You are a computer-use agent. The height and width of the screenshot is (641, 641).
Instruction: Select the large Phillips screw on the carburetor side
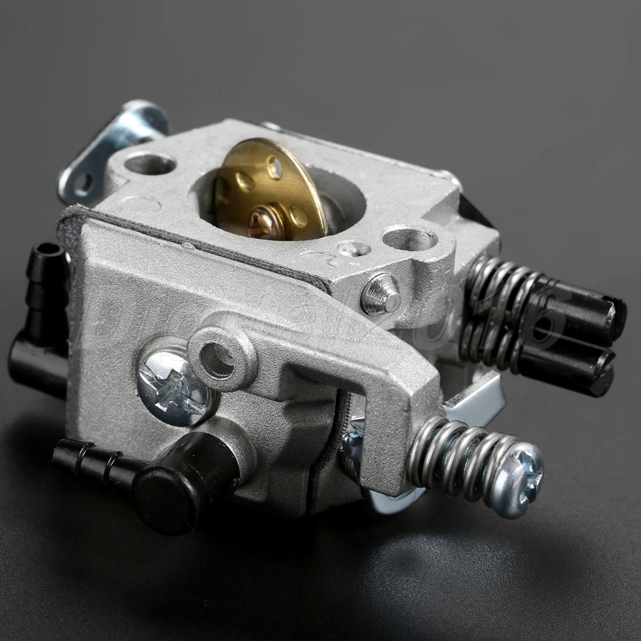(172, 387)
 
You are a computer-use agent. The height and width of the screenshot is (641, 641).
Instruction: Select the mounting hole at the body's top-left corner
(150, 164)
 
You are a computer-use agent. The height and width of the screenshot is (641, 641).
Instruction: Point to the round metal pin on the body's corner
(382, 295)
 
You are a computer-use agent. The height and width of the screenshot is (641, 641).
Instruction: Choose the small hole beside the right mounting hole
(354, 249)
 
